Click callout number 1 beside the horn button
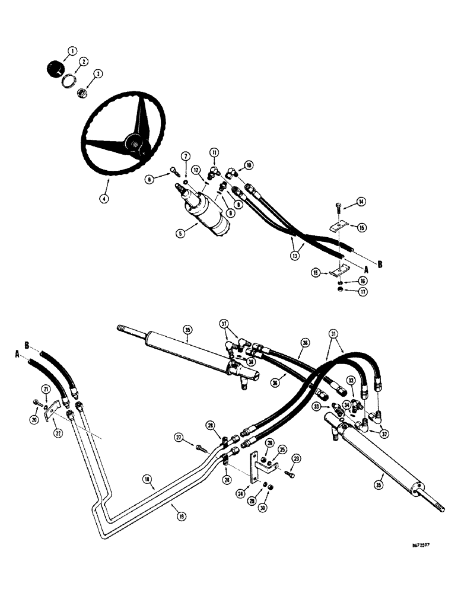pos(72,51)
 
